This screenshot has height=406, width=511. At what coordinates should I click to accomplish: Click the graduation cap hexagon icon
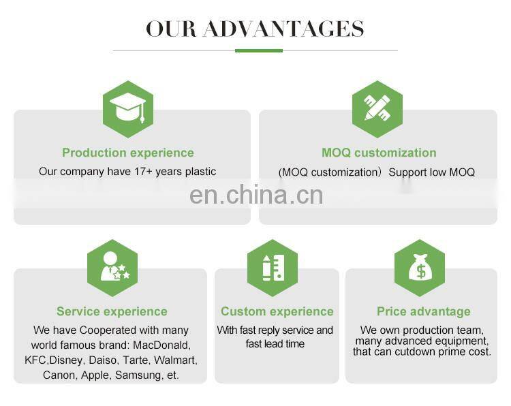tap(127, 109)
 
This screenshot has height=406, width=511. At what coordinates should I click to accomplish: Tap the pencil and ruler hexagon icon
tap(377, 109)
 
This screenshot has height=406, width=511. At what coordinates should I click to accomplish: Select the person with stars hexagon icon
tap(112, 268)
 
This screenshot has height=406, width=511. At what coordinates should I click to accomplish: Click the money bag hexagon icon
tap(420, 268)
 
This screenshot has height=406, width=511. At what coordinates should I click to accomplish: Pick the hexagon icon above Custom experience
tap(273, 268)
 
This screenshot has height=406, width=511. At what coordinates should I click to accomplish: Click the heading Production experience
tap(128, 153)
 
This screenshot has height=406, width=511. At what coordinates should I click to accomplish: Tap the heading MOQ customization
tap(379, 153)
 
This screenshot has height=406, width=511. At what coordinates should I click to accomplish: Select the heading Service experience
tap(112, 311)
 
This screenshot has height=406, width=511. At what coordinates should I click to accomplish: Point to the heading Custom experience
tap(277, 311)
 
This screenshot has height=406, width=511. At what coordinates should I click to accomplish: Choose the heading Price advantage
tap(424, 311)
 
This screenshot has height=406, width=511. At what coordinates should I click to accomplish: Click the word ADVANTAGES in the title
tap(283, 29)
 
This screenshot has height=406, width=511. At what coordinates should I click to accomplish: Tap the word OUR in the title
tap(170, 29)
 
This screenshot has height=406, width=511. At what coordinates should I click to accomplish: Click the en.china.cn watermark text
tap(255, 196)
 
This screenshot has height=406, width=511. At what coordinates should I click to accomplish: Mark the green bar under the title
tap(258, 50)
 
